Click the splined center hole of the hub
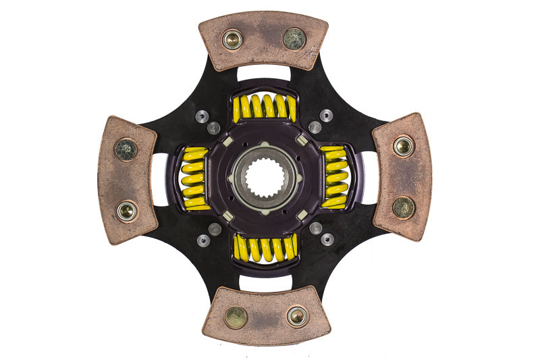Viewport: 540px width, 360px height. (265, 178)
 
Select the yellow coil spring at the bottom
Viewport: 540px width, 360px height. (265, 248)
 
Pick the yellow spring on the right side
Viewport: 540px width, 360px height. (335, 177)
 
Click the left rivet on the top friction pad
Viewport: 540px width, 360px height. (233, 39)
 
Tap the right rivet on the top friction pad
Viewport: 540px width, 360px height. (294, 38)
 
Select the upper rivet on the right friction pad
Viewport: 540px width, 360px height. (404, 146)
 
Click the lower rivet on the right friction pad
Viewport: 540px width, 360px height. (404, 207)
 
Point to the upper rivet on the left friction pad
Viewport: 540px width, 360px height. (126, 149)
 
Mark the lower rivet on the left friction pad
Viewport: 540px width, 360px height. (126, 211)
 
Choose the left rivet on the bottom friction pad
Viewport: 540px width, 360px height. (236, 317)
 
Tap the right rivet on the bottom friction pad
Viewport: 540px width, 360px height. (296, 315)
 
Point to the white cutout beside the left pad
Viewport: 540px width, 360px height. (160, 179)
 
